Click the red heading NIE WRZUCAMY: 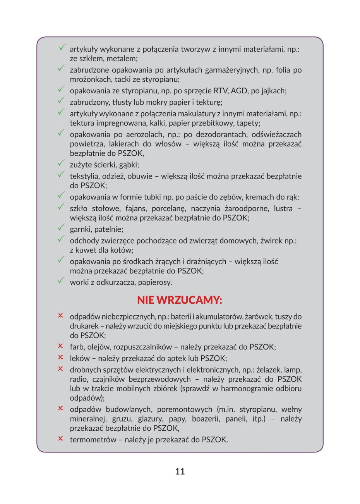[x=180, y=300]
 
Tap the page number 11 [x=180, y=471]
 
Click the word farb [x=77, y=347]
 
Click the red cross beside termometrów [x=60, y=439]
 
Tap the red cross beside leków [x=60, y=357]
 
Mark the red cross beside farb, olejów [x=60, y=346]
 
